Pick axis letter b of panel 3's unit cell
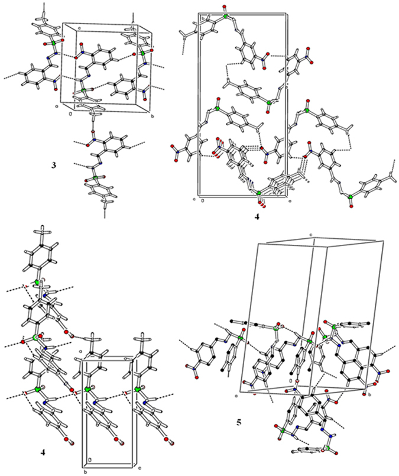click(x=154, y=116)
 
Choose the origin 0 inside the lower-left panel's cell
click(x=89, y=459)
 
